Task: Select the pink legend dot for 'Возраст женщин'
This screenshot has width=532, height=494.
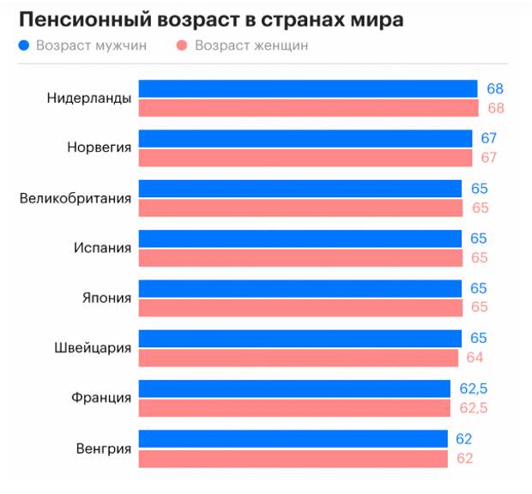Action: pos(183,45)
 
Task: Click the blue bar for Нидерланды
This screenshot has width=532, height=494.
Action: pos(307,88)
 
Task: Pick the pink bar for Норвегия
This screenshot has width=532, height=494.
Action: pos(305,158)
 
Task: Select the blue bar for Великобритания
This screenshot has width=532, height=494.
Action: pos(299,188)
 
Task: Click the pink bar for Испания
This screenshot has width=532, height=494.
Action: pos(299,257)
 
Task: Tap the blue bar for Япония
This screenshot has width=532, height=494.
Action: pos(299,287)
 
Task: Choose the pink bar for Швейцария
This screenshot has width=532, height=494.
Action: pos(298,358)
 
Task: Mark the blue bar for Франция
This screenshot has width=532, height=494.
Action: pos(294,389)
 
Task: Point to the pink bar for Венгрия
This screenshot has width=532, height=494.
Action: pos(293,458)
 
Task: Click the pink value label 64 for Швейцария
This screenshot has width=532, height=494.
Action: pos(475,358)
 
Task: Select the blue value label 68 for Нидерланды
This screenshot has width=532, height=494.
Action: pos(495,88)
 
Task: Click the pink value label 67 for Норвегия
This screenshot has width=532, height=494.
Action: pos(489,158)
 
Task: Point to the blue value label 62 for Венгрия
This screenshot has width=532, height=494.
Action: pos(464,439)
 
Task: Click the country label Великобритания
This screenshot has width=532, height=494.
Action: pos(76,199)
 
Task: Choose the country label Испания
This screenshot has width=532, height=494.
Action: pos(103,249)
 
